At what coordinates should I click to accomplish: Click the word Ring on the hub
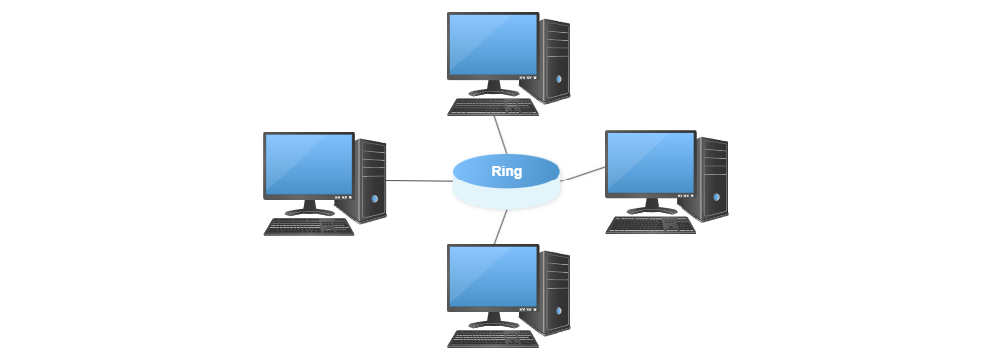tap(506, 171)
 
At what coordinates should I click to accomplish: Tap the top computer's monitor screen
tap(493, 45)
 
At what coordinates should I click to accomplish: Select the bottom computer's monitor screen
tap(493, 277)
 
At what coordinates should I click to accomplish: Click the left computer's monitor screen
tap(309, 164)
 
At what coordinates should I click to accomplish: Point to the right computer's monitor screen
tap(651, 163)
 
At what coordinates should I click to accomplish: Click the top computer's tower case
tap(557, 60)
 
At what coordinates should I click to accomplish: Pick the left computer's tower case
tap(372, 180)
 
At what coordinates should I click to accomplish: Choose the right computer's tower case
tap(714, 179)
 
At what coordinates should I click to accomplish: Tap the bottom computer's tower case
tap(557, 293)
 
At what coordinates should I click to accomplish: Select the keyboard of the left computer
tap(309, 227)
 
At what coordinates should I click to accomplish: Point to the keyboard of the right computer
tap(651, 225)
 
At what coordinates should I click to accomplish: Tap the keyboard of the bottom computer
tap(493, 339)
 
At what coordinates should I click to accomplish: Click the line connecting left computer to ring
tap(419, 181)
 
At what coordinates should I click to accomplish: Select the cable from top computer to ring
tap(502, 134)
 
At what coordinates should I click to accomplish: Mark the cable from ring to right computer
tap(585, 173)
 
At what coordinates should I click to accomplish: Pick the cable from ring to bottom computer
tap(501, 228)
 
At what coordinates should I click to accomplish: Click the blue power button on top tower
tap(559, 79)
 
